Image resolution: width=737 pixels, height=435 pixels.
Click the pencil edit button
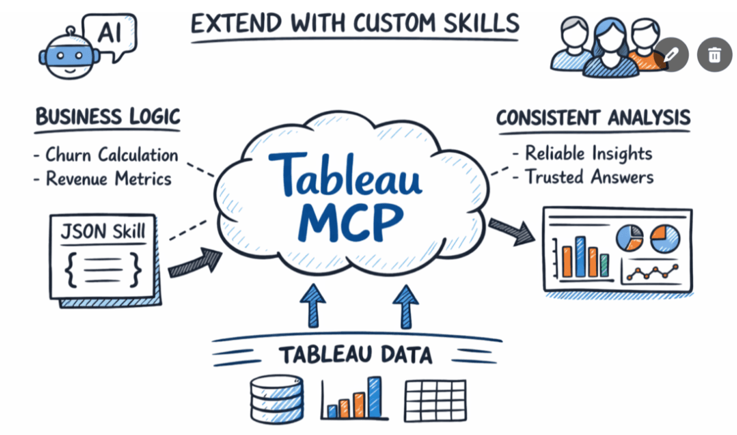pos(671,54)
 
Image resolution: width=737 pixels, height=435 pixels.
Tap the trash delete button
pos(714,54)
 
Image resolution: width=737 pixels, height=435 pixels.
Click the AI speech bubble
pos(109,35)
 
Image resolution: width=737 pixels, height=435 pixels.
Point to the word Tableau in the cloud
pos(345,173)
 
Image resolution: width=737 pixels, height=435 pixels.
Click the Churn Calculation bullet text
pos(112,155)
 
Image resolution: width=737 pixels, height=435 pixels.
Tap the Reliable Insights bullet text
pos(588,153)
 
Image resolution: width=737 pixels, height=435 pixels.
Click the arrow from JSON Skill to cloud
pos(194,264)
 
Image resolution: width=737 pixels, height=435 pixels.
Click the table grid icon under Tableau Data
pos(435,400)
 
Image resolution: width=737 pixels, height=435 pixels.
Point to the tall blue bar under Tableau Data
pos(374,397)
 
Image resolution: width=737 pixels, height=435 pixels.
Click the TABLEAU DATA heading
pos(356,355)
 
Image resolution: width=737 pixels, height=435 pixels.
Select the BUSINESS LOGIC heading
pos(108,116)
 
